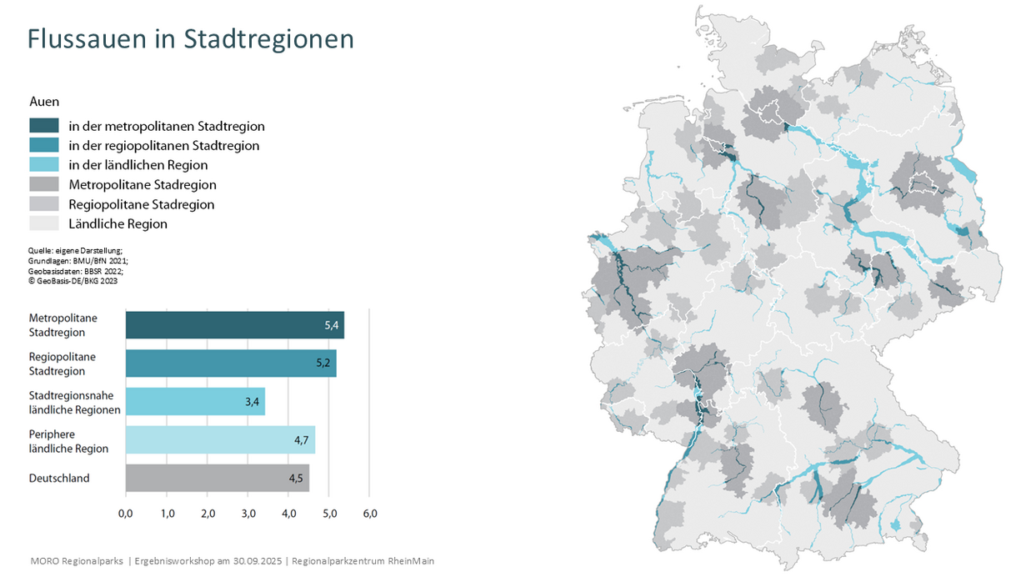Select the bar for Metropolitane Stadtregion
[234, 325]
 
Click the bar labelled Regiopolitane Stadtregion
[231, 364]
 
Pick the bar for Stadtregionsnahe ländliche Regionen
[195, 402]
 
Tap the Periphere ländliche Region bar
[220, 440]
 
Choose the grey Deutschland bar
[217, 479]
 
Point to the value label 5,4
[331, 325]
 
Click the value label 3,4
[252, 402]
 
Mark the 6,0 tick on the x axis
[369, 514]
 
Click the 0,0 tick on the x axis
[126, 514]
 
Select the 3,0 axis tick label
[248, 514]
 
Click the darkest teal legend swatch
[44, 126]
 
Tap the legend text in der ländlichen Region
[138, 165]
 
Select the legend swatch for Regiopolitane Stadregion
[44, 204]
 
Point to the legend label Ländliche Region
[118, 223]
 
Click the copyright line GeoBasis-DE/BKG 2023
[73, 281]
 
